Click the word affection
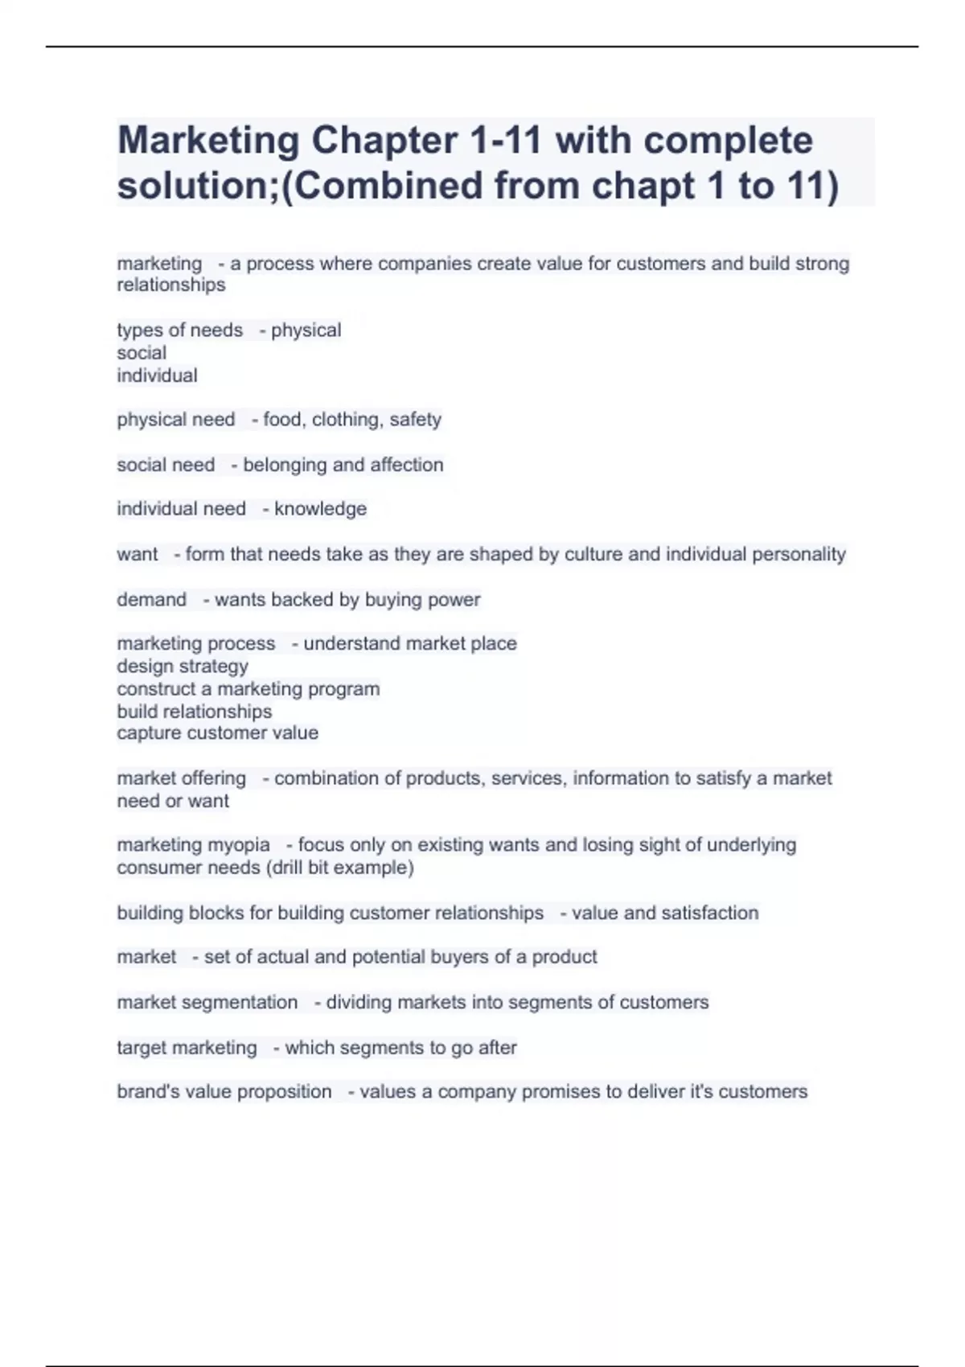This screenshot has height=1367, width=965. click(x=406, y=465)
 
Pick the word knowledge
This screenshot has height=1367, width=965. click(x=320, y=509)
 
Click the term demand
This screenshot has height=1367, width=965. click(x=151, y=600)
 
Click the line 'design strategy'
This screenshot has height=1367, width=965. click(x=183, y=667)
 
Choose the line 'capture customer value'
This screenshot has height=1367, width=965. click(x=217, y=733)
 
